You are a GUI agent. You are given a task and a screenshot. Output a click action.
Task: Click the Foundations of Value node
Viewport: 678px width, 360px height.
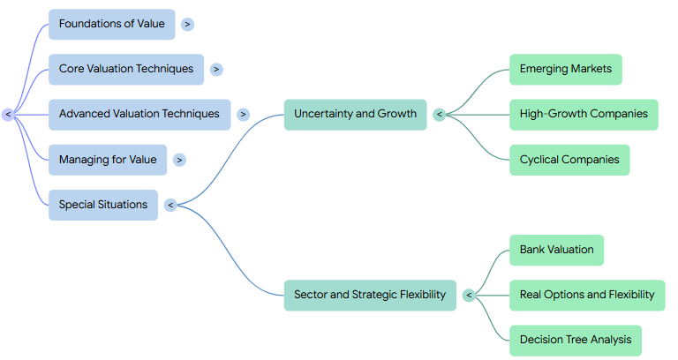[111, 24]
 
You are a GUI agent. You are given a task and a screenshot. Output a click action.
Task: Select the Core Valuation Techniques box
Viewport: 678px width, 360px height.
[126, 69]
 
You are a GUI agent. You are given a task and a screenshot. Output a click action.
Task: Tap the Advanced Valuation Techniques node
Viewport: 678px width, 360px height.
[139, 115]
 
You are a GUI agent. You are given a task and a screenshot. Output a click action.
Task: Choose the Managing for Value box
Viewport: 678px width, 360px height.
[108, 160]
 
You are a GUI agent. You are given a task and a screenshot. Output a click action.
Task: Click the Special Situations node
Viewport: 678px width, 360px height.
[103, 205]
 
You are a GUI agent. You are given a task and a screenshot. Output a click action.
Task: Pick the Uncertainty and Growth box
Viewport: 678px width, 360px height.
[355, 115]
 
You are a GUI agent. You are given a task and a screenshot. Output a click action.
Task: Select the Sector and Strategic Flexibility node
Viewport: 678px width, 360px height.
[370, 296]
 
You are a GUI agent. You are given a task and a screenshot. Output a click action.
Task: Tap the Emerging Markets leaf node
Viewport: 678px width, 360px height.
[566, 69]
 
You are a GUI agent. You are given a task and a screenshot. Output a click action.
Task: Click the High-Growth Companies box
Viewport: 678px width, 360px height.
[584, 115]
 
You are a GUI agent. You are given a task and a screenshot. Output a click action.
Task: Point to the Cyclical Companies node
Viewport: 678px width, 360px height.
[569, 160]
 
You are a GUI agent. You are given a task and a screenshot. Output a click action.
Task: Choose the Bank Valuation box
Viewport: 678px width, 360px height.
[556, 251]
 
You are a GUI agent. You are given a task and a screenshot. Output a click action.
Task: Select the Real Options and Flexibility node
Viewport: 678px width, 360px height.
[587, 296]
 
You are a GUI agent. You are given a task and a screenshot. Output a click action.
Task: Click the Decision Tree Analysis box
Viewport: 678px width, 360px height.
[576, 341]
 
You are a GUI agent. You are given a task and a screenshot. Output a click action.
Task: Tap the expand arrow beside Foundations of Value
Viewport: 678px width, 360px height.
[188, 24]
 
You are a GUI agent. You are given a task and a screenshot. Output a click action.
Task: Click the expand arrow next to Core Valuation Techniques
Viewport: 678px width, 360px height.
[216, 69]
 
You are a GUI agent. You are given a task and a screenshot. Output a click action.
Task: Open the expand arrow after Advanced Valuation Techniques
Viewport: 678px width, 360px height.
[243, 115]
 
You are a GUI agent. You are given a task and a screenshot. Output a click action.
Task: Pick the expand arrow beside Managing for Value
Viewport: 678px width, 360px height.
[179, 160]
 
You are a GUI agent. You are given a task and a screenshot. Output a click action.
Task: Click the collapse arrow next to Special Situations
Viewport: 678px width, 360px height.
[170, 205]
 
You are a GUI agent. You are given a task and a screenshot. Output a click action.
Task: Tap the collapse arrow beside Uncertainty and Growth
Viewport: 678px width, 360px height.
[440, 115]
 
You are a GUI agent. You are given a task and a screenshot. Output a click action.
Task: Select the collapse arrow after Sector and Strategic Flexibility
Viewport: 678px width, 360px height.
[469, 296]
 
